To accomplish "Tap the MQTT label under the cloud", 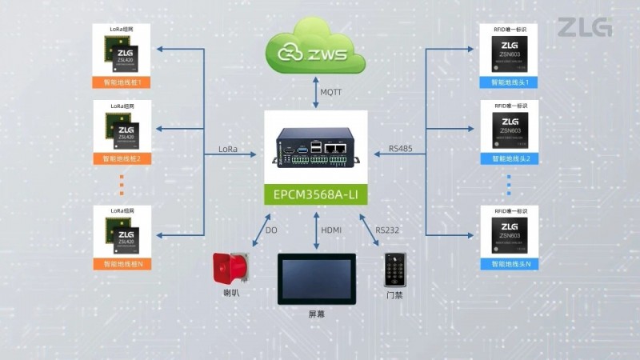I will (x=331, y=93).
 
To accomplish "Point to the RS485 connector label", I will (x=402, y=150).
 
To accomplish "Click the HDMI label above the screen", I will (x=331, y=230).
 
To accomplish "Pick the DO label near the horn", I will (x=270, y=230).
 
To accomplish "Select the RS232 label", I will (x=386, y=230).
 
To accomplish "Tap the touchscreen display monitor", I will (x=315, y=278).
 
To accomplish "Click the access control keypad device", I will (x=394, y=271).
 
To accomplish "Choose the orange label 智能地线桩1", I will (x=122, y=82).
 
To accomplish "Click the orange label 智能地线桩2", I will (x=122, y=158).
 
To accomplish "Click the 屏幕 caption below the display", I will (x=317, y=314).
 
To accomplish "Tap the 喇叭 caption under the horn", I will (x=231, y=294).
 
